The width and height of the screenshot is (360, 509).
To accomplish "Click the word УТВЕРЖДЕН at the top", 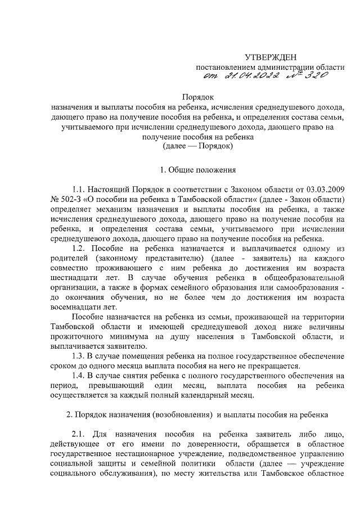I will pyautogui.click(x=270, y=57).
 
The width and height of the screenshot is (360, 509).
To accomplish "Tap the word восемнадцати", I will pyautogui.click(x=72, y=307).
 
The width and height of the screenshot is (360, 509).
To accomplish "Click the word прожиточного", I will pyautogui.click(x=74, y=336).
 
